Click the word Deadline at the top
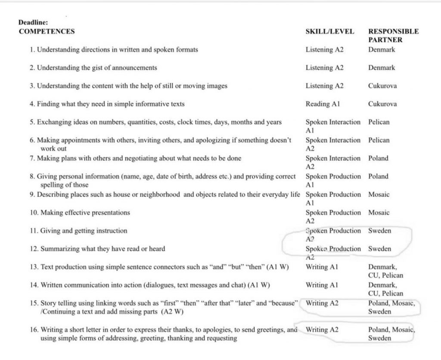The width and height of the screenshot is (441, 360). pos(33,23)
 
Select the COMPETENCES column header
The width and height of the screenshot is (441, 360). pos(47,31)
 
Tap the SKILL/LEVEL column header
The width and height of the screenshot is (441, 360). pos(330,31)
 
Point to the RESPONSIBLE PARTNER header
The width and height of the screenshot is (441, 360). pos(393,35)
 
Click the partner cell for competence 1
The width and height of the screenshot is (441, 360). pos(382,50)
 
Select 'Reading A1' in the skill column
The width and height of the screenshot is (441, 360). pos(323,104)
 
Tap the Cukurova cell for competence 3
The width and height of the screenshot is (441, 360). pos(382,86)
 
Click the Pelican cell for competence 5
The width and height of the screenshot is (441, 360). pos(379,122)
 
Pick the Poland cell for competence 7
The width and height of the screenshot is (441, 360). pos(378,158)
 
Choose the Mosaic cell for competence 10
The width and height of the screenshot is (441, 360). pos(379,213)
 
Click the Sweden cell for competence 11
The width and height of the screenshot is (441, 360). pos(379,231)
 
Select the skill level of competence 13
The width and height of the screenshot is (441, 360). pos(322,267)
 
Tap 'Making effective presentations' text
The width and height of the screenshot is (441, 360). pos(85,213)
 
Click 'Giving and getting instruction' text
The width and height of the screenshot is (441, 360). pos(84,231)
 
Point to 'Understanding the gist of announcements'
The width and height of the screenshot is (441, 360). pos(97,68)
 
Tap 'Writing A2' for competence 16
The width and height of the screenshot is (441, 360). pos(322,330)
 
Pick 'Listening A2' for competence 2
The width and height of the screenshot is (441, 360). pos(324,68)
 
